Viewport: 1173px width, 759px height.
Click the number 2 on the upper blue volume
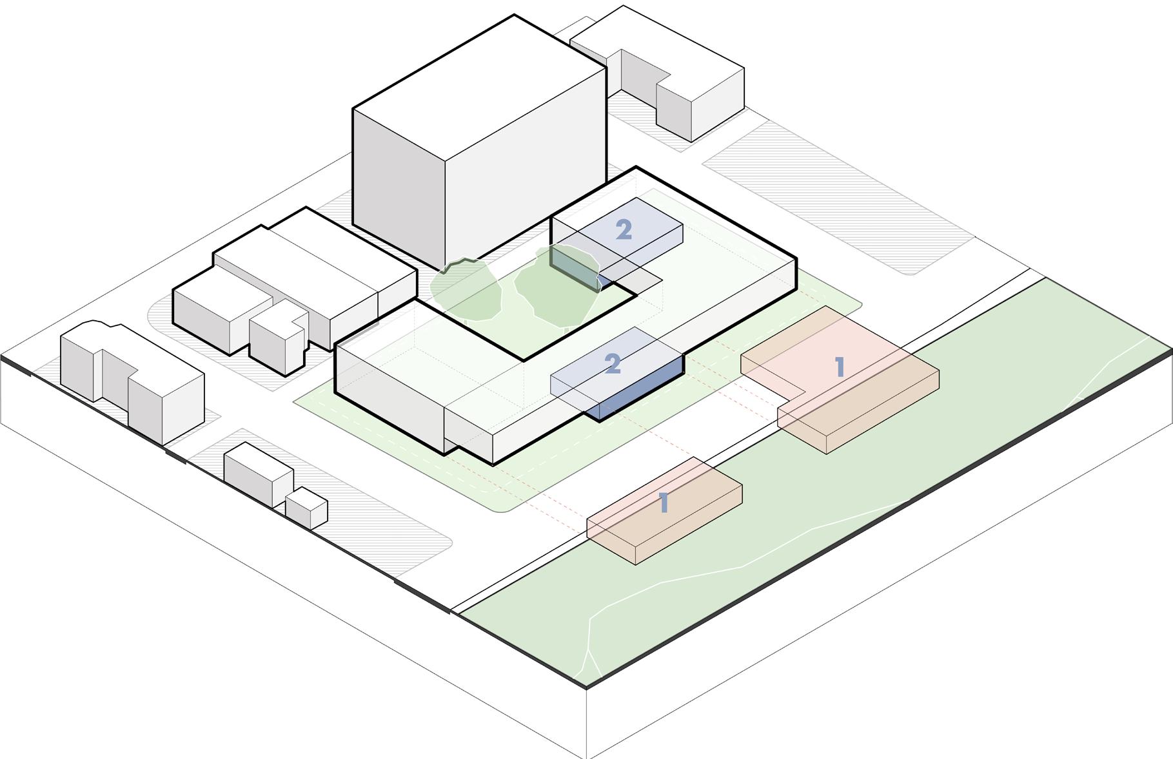[624, 230]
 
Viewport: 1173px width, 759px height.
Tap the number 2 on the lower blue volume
[613, 364]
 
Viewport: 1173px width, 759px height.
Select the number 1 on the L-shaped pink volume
[839, 367]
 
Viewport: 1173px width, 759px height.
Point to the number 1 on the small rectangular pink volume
[664, 503]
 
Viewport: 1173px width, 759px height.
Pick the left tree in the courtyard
[466, 290]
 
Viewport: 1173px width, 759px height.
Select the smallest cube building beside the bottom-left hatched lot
[306, 508]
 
